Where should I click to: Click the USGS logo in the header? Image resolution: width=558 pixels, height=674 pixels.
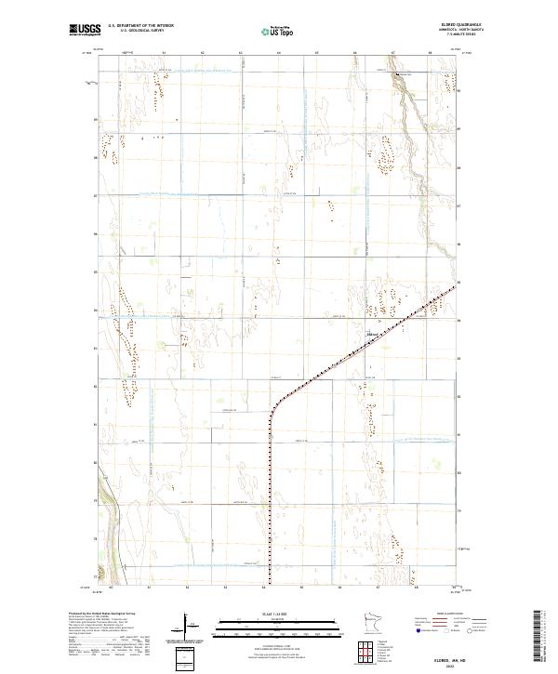click(x=84, y=31)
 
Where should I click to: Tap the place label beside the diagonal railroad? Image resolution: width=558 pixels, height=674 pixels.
click(x=374, y=334)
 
